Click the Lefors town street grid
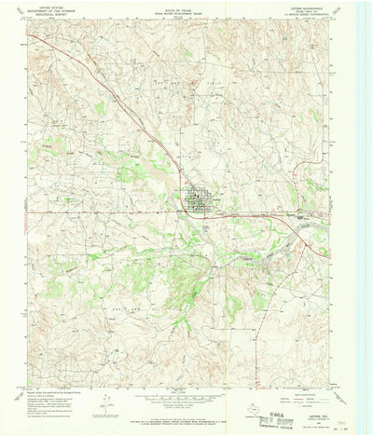click(x=197, y=198)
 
